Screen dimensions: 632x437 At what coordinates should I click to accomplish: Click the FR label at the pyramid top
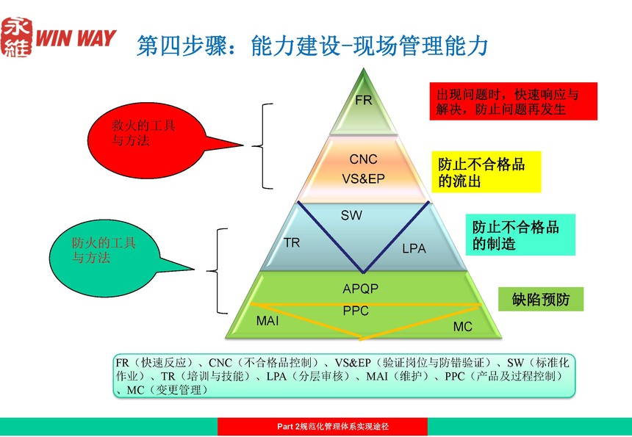click(x=363, y=100)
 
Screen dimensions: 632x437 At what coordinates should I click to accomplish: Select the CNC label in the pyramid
click(x=363, y=159)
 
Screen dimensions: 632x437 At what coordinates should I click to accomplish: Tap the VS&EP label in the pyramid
click(x=363, y=178)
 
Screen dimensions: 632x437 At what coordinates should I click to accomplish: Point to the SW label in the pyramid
click(x=351, y=215)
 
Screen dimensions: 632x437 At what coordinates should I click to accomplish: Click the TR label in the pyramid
click(x=292, y=242)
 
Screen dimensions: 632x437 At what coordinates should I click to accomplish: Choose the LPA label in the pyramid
click(x=414, y=248)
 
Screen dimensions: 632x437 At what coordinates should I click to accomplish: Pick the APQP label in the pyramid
click(x=360, y=289)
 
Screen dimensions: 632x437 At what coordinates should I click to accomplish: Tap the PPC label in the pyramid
click(x=356, y=311)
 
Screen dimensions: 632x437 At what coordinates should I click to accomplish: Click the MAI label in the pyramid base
click(x=267, y=321)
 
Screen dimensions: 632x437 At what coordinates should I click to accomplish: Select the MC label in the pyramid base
click(x=462, y=327)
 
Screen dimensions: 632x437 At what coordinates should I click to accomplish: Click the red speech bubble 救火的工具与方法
click(x=153, y=140)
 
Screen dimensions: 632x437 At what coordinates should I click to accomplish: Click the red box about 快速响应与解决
click(x=513, y=101)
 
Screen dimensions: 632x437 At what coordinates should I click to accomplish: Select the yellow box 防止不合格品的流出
click(x=486, y=172)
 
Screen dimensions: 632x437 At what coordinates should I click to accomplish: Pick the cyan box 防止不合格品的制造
click(x=520, y=235)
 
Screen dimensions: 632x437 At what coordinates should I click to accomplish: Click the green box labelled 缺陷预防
click(x=540, y=299)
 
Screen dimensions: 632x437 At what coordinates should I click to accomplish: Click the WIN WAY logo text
click(x=76, y=38)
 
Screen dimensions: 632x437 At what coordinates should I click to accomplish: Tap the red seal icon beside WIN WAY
click(x=17, y=37)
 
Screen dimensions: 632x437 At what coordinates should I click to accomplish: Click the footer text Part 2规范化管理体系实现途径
click(x=333, y=427)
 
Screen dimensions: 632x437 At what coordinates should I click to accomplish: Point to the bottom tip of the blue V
click(x=363, y=272)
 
